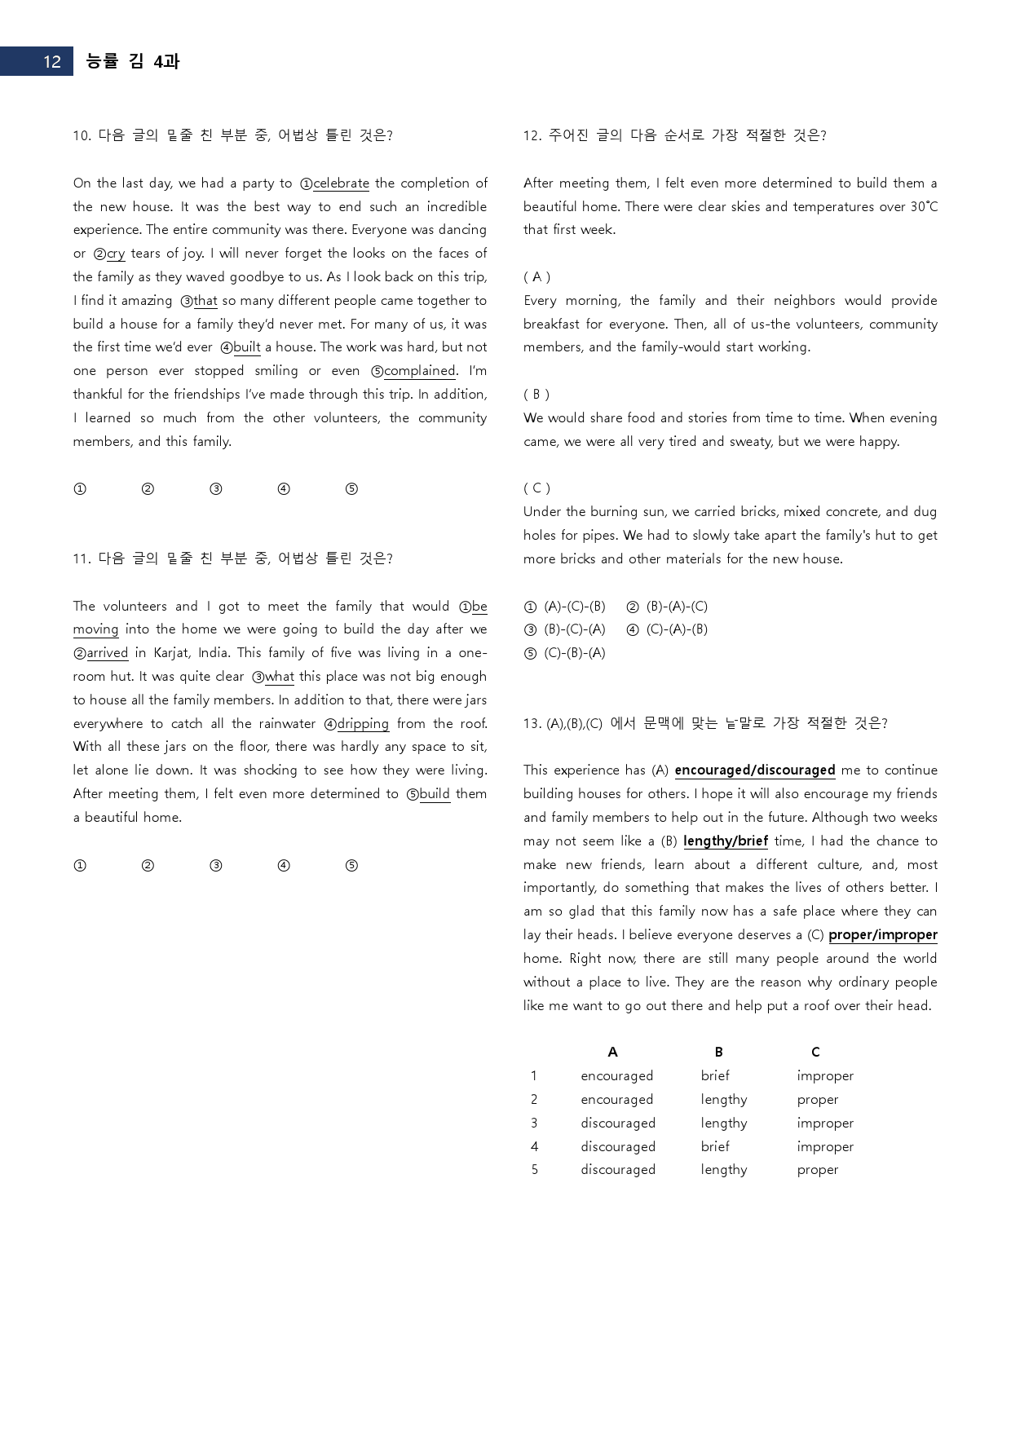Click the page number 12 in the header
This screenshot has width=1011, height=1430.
pyautogui.click(x=51, y=62)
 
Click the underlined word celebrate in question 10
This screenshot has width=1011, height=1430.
pyautogui.click(x=341, y=183)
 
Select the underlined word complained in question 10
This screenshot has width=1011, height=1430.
pyautogui.click(x=419, y=371)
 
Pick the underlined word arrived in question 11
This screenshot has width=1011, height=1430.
pyautogui.click(x=107, y=653)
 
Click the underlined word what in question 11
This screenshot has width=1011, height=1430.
pyautogui.click(x=279, y=677)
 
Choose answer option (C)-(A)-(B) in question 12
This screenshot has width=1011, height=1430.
pyautogui.click(x=676, y=629)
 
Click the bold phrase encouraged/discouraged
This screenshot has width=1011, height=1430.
pyautogui.click(x=754, y=770)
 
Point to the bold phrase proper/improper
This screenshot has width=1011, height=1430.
pyautogui.click(x=882, y=935)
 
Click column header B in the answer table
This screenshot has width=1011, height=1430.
pyautogui.click(x=718, y=1053)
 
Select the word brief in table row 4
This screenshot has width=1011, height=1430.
pyautogui.click(x=715, y=1146)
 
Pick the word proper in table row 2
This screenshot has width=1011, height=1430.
pyautogui.click(x=817, y=1100)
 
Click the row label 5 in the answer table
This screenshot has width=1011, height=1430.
pyautogui.click(x=534, y=1170)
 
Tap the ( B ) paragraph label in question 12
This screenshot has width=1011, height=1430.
pyautogui.click(x=536, y=395)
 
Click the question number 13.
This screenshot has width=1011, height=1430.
pyautogui.click(x=532, y=723)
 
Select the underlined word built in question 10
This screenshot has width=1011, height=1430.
pyautogui.click(x=246, y=347)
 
